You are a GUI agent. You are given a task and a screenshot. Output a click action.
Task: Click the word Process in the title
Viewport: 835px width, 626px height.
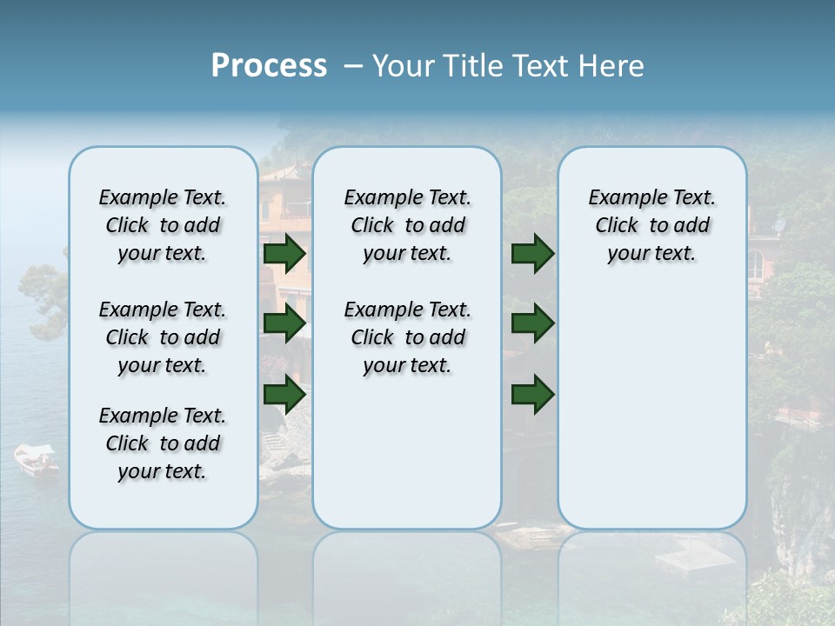tap(269, 66)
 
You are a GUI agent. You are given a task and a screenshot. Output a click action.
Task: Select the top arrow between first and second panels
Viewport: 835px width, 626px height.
tap(284, 253)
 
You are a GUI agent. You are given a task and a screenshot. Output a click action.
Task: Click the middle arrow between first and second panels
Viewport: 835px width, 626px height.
tap(284, 323)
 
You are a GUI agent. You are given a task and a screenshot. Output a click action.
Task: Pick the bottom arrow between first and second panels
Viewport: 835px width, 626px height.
tap(284, 394)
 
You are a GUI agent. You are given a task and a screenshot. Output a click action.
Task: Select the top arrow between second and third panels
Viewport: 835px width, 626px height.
tap(532, 253)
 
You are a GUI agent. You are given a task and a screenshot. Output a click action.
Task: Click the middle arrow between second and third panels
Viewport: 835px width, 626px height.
tap(532, 323)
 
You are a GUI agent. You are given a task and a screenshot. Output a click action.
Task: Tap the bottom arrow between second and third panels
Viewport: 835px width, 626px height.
tap(532, 394)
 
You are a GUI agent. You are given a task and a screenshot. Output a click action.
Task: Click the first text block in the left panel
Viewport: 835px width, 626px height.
tap(163, 225)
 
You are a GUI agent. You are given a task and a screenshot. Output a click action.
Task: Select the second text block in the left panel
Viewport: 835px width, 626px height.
tap(163, 337)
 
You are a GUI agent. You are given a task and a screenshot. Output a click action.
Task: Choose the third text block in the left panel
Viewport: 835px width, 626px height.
tap(163, 443)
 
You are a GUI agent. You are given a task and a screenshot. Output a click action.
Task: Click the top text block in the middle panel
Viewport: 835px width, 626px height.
tap(407, 225)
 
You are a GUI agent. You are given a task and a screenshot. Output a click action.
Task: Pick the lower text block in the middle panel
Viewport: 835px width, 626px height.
tap(407, 337)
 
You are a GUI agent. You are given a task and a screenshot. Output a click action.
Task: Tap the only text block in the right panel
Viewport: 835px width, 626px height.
tap(651, 225)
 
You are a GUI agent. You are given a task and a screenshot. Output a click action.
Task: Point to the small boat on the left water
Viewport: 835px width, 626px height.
tap(36, 459)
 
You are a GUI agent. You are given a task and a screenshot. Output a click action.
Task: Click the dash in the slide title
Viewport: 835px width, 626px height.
tap(353, 66)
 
